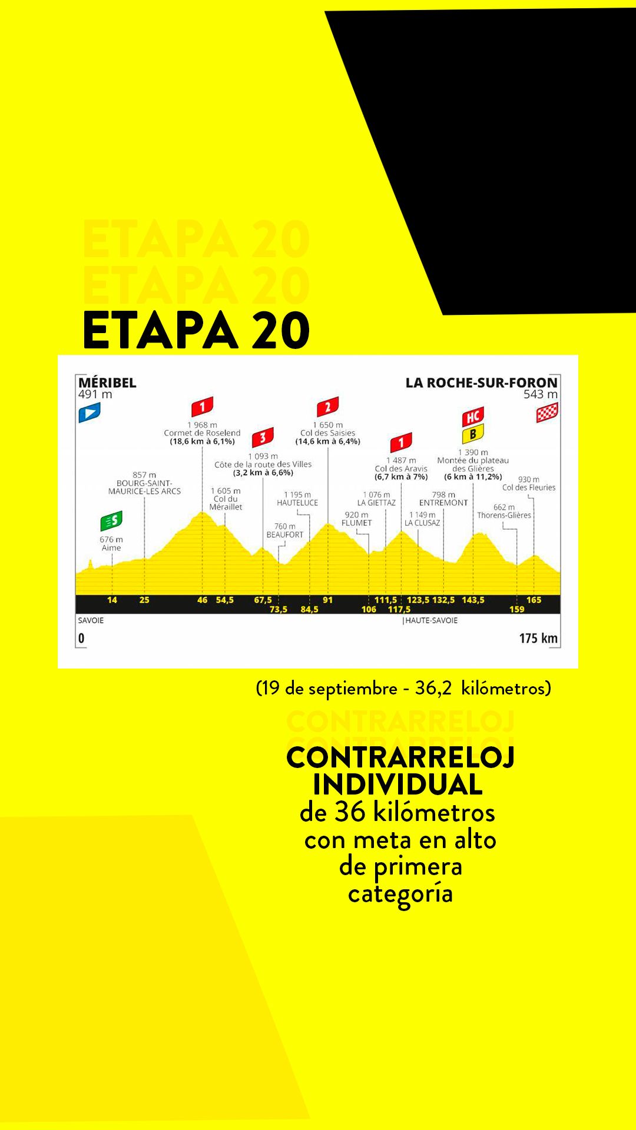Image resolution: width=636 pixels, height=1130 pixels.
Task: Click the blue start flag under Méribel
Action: (89, 413)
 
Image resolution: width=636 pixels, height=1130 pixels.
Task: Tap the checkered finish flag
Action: (547, 413)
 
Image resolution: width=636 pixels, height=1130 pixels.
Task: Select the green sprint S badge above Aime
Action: (111, 521)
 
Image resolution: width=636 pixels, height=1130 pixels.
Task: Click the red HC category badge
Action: (473, 417)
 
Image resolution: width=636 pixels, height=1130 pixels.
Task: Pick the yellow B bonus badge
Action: (473, 434)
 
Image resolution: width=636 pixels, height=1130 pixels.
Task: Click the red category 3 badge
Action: (263, 437)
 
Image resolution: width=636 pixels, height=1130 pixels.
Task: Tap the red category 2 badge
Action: (327, 406)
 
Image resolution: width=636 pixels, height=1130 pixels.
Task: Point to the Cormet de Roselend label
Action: (202, 433)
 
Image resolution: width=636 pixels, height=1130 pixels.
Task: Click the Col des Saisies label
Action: (327, 433)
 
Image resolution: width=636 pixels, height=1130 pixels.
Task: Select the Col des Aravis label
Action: (401, 468)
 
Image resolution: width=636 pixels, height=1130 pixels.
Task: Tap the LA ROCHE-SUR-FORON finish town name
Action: (481, 383)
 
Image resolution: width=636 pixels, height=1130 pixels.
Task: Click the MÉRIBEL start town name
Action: (107, 383)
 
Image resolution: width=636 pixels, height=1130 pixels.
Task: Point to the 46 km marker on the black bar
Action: (202, 600)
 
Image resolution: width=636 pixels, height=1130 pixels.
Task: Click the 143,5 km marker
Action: (473, 600)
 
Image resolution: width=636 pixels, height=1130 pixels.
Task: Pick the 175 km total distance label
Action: (538, 638)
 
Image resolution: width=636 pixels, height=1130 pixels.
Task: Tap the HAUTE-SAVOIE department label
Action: (431, 620)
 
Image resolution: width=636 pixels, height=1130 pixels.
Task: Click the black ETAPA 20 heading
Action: (196, 330)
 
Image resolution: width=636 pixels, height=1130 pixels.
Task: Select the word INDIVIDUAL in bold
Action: (397, 785)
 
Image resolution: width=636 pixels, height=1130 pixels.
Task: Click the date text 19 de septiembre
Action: (327, 688)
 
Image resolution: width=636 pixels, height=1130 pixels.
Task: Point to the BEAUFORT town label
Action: (284, 534)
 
